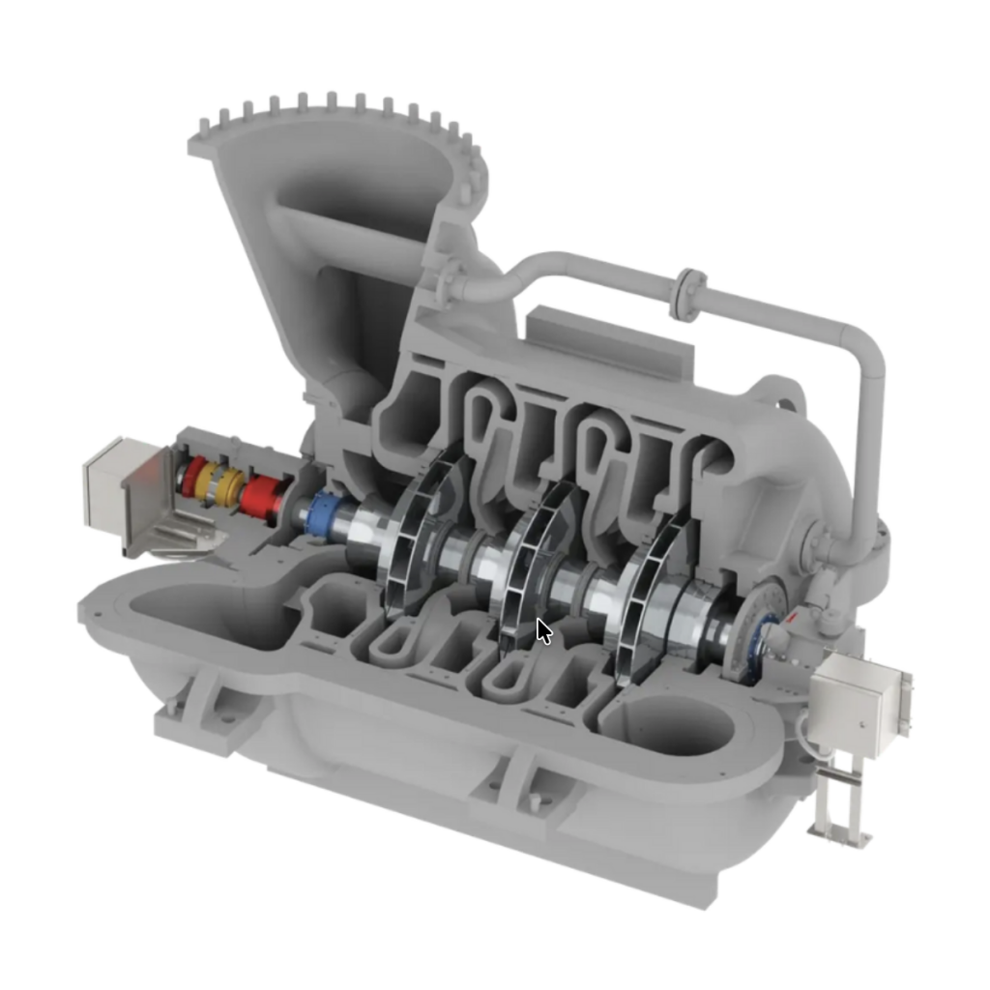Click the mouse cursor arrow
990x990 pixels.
[544, 631]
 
